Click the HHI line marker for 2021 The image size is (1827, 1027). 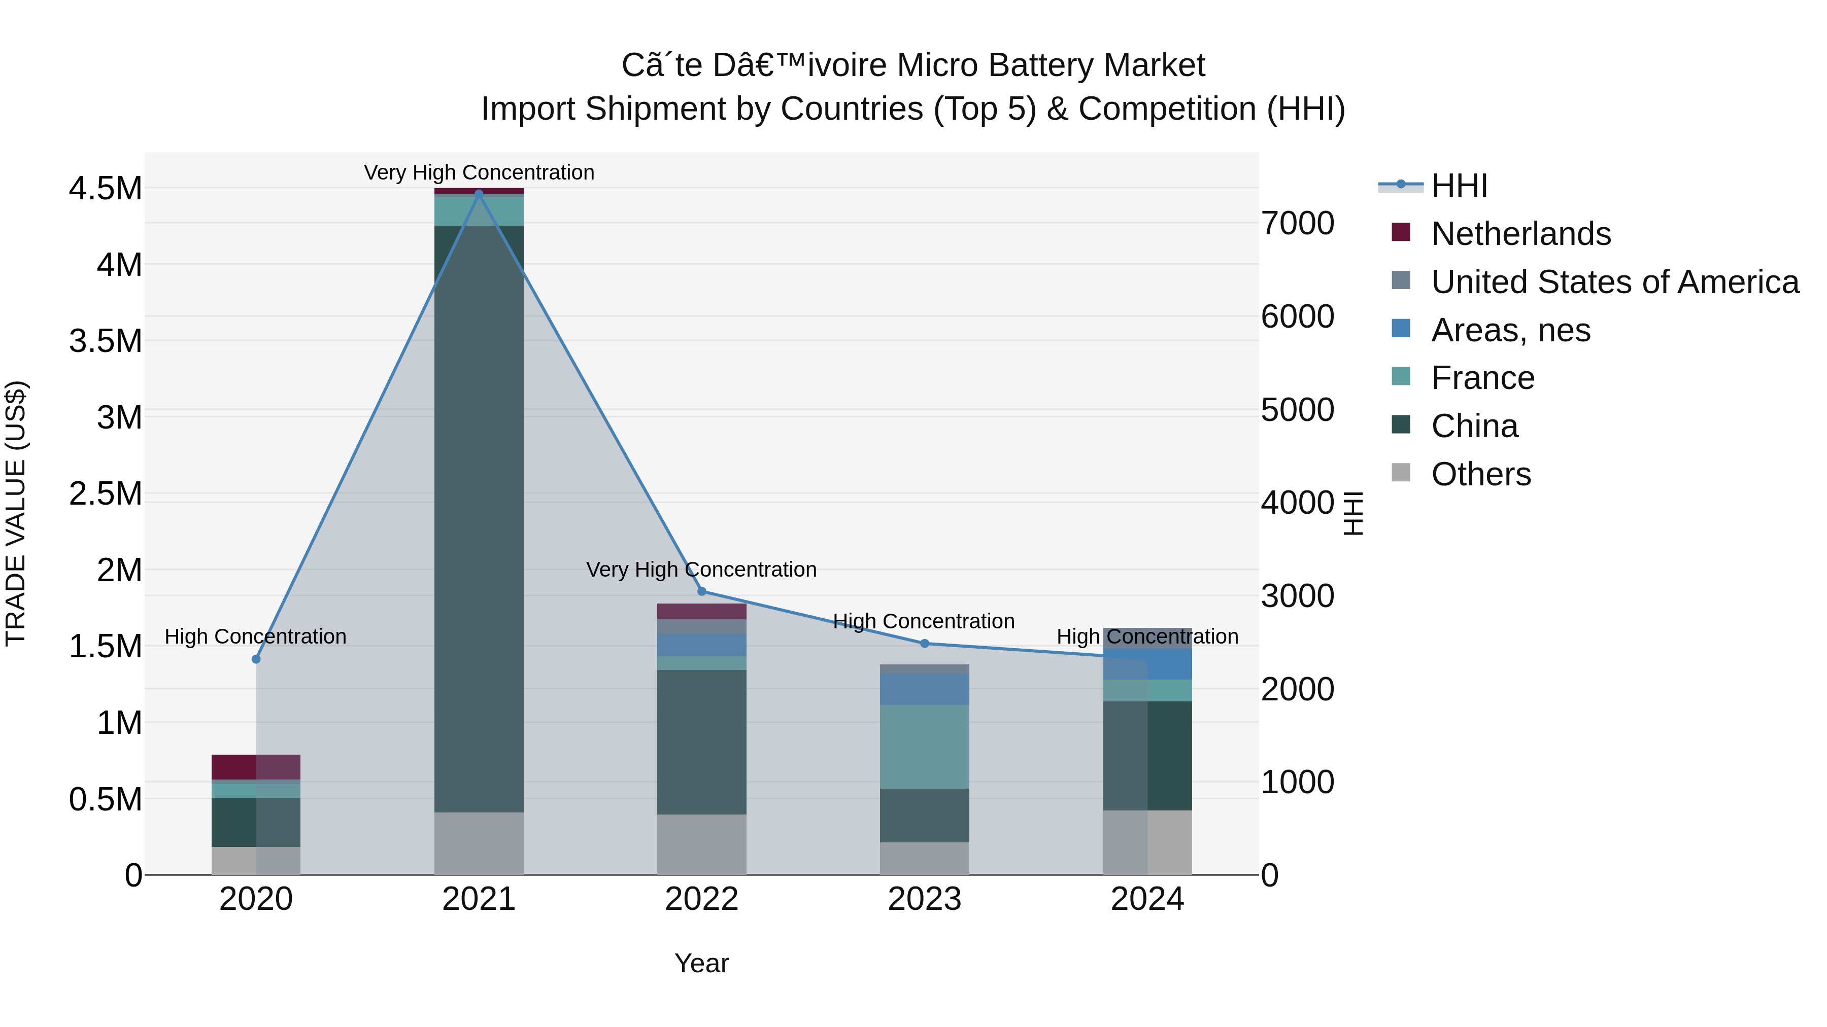(x=479, y=193)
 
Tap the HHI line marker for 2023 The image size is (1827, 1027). (x=924, y=644)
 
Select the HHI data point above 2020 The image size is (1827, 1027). (x=256, y=659)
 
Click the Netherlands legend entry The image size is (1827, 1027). (x=1520, y=233)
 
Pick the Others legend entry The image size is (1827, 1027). (x=1480, y=474)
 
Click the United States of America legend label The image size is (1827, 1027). (x=1615, y=281)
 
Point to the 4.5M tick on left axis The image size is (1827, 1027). (x=105, y=189)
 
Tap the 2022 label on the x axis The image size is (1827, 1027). (x=701, y=899)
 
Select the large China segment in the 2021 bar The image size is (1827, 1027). (x=479, y=517)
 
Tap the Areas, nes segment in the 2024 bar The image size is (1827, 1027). (x=1147, y=664)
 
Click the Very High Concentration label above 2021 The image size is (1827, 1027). (x=479, y=172)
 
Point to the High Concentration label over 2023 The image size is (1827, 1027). (x=924, y=621)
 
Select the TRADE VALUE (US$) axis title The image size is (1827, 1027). (x=16, y=513)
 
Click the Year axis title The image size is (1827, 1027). (x=701, y=963)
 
